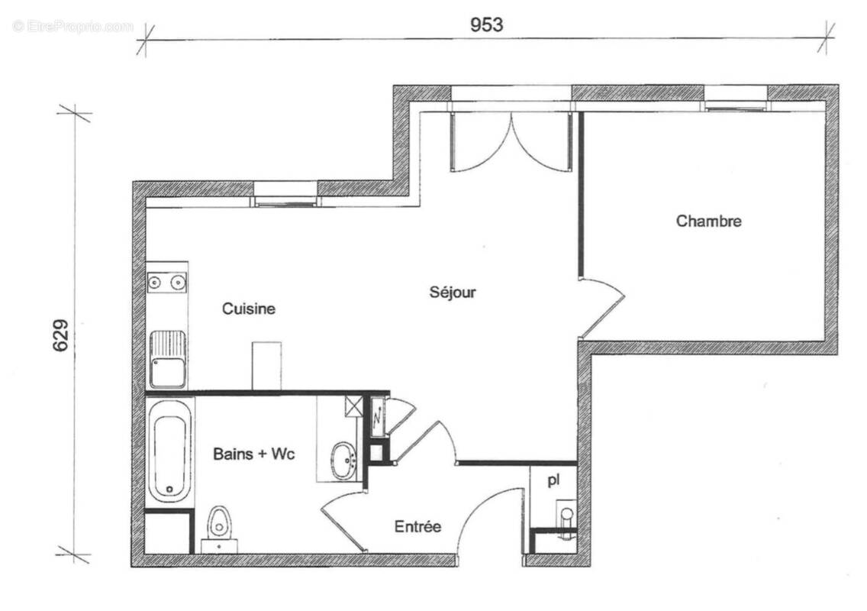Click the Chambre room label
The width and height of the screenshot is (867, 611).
click(x=708, y=221)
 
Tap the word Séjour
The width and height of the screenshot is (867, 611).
click(x=453, y=292)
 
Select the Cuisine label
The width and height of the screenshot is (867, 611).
click(x=248, y=309)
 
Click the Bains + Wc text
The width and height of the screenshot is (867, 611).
click(x=253, y=454)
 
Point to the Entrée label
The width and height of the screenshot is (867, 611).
click(x=417, y=526)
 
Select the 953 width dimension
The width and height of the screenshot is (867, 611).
click(x=486, y=24)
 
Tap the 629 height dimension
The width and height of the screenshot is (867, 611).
click(x=61, y=335)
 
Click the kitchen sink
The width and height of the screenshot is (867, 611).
click(x=167, y=359)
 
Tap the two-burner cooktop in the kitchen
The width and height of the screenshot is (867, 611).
click(x=166, y=283)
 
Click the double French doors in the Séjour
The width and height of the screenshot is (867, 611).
click(x=511, y=141)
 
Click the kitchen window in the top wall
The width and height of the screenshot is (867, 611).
click(x=285, y=195)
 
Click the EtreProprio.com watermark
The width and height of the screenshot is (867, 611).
click(x=73, y=26)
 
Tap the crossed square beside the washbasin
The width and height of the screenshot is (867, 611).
click(x=353, y=406)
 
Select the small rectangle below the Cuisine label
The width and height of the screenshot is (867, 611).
click(x=266, y=365)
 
